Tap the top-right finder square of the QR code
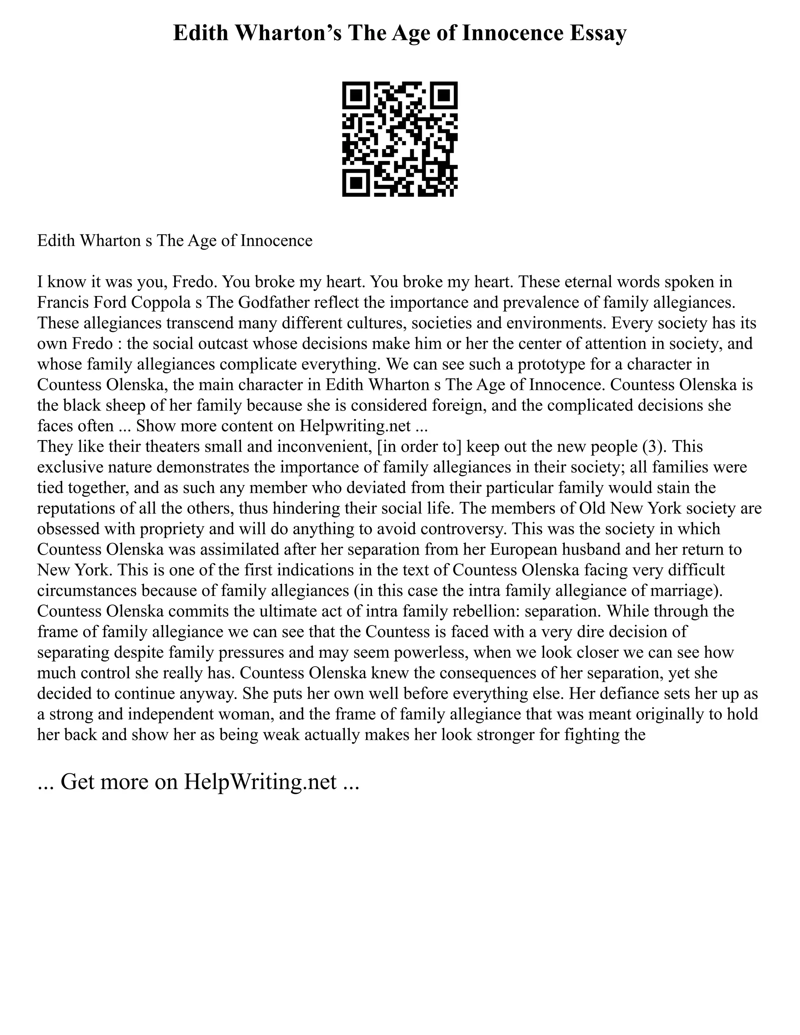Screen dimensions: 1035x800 (x=444, y=96)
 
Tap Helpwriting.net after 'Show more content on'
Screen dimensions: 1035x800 (x=355, y=426)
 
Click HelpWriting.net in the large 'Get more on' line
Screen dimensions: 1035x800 (x=260, y=782)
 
